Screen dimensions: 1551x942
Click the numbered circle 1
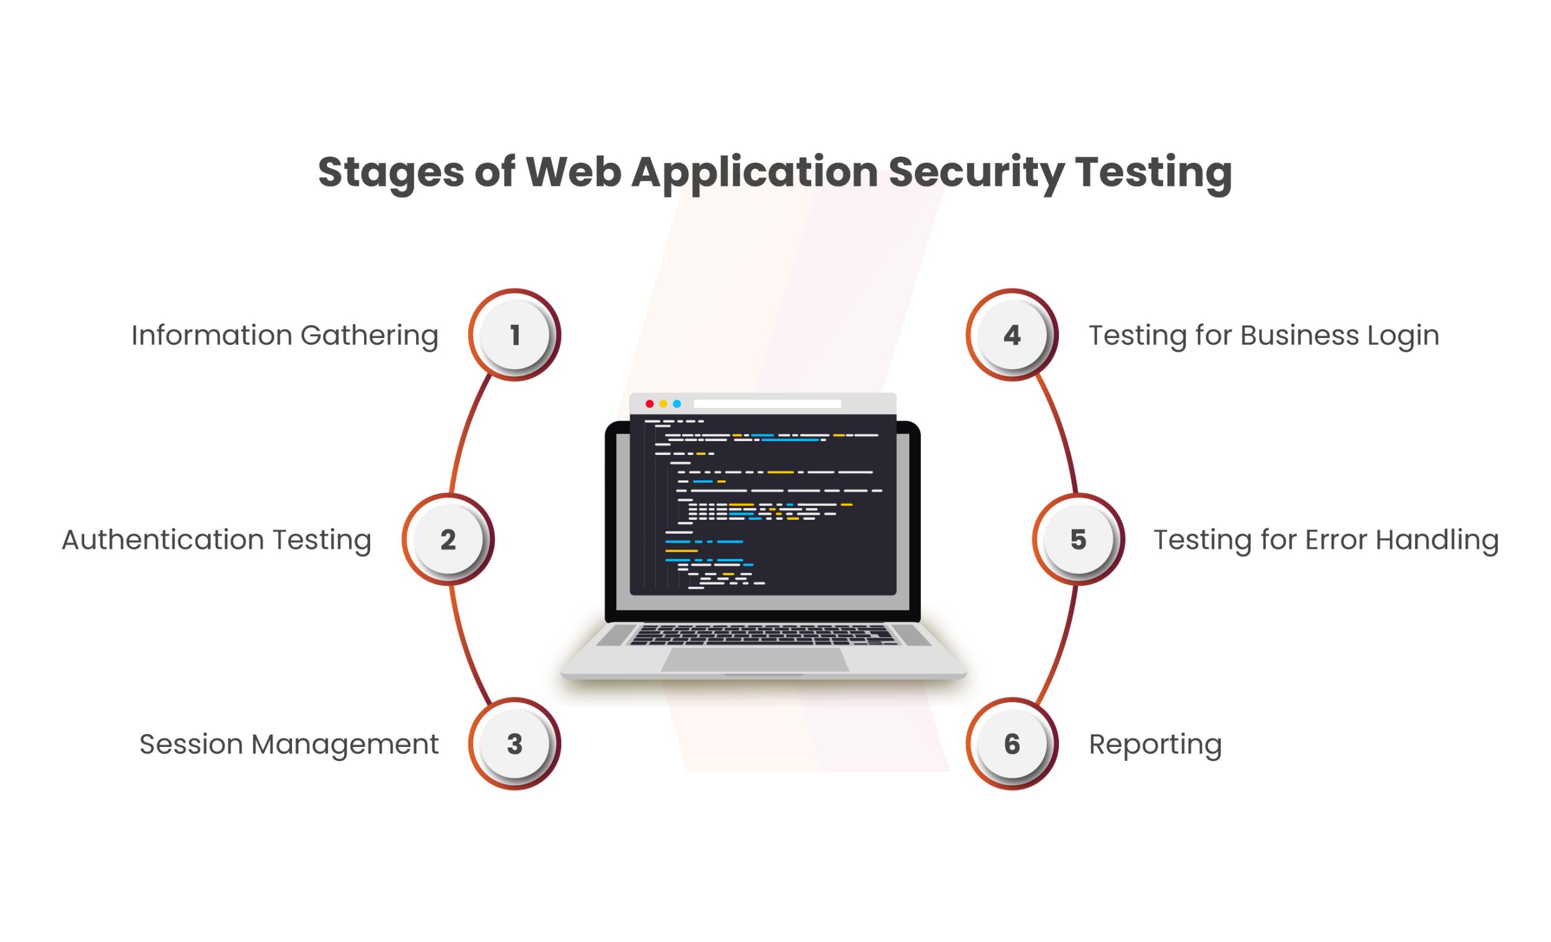tap(514, 335)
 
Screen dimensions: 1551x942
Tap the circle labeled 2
tap(448, 539)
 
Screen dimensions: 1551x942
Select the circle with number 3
tap(514, 744)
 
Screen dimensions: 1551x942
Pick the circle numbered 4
tap(1012, 335)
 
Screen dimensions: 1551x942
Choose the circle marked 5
tap(1078, 539)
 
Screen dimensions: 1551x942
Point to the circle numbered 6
tap(1012, 744)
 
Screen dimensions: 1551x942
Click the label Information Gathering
tap(285, 336)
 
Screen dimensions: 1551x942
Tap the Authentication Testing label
tap(216, 540)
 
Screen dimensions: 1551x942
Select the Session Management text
tap(289, 745)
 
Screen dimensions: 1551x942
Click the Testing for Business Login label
tap(1264, 336)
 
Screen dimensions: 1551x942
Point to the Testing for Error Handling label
tap(1326, 540)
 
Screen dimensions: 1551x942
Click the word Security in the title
tap(976, 173)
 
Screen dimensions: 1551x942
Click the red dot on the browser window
tap(649, 404)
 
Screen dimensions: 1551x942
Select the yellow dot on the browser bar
tap(663, 404)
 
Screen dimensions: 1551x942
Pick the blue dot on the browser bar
tap(677, 404)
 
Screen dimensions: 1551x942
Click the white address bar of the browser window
tap(767, 404)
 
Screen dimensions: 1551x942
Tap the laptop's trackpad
tap(755, 660)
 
